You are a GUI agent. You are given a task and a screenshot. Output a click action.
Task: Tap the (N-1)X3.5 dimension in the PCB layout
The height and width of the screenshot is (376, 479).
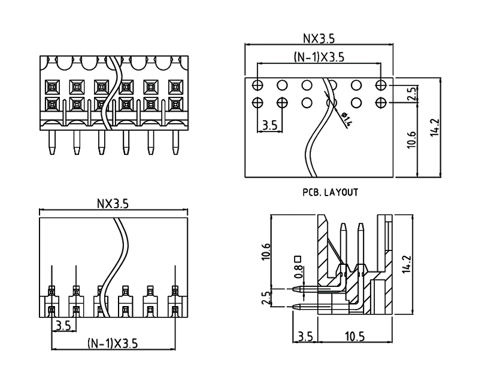[x=319, y=57]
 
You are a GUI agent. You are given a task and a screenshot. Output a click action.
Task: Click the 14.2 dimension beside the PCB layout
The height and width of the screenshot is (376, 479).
[x=435, y=129]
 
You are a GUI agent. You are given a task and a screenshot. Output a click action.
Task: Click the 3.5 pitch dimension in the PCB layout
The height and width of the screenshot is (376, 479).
[x=269, y=126]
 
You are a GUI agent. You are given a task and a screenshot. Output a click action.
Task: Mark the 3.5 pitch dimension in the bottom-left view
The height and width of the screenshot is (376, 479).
[x=63, y=325]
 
